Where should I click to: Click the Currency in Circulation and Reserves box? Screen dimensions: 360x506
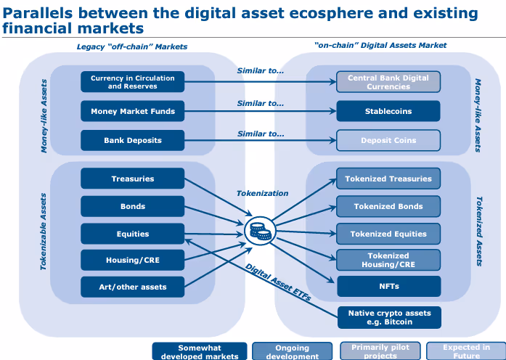(x=132, y=82)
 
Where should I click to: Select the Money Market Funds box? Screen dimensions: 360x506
(x=132, y=112)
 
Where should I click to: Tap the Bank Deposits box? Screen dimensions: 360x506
(x=132, y=140)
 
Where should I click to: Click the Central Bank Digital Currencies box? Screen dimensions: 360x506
(x=388, y=82)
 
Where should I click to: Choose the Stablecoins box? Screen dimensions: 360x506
(x=388, y=112)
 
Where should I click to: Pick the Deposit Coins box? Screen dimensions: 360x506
(x=388, y=140)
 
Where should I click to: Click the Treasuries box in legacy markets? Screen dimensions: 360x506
(x=132, y=179)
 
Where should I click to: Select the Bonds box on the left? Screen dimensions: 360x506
(x=132, y=206)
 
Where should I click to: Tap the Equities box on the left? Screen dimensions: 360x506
(x=132, y=234)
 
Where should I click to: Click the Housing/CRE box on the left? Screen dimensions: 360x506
(x=132, y=260)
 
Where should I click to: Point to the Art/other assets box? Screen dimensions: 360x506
(x=132, y=287)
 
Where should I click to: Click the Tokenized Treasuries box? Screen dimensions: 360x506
(x=388, y=179)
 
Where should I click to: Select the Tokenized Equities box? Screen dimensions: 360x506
(x=388, y=234)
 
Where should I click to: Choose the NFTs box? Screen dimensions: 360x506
(x=388, y=286)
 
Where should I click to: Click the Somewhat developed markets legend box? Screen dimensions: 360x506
(x=200, y=351)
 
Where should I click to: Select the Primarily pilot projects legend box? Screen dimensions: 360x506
(x=380, y=351)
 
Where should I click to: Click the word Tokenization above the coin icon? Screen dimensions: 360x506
(x=262, y=194)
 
